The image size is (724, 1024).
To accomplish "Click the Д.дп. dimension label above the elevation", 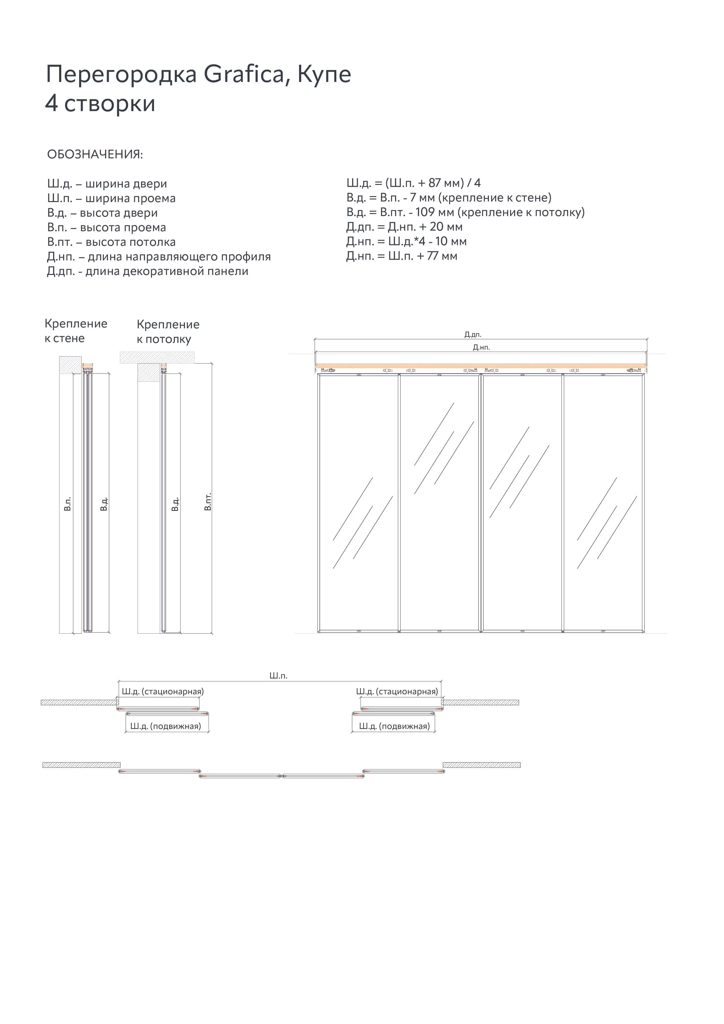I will pos(472,334).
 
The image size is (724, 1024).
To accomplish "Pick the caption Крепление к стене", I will pos(76,331).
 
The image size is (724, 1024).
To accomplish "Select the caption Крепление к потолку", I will pos(168,332).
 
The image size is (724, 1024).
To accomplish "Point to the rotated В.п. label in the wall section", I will pos(67,504).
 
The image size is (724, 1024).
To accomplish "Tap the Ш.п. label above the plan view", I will pos(278,676).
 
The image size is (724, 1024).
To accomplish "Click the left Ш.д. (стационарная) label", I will pos(162,691).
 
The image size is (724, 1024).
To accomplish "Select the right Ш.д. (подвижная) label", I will pos(394,726).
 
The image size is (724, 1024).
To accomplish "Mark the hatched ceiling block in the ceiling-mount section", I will pos(157,357).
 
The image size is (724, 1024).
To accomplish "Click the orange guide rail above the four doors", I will pos(481,366).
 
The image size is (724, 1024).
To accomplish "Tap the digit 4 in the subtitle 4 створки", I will pos(52,104).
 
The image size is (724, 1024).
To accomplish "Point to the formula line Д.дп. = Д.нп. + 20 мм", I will pos(404,227).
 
